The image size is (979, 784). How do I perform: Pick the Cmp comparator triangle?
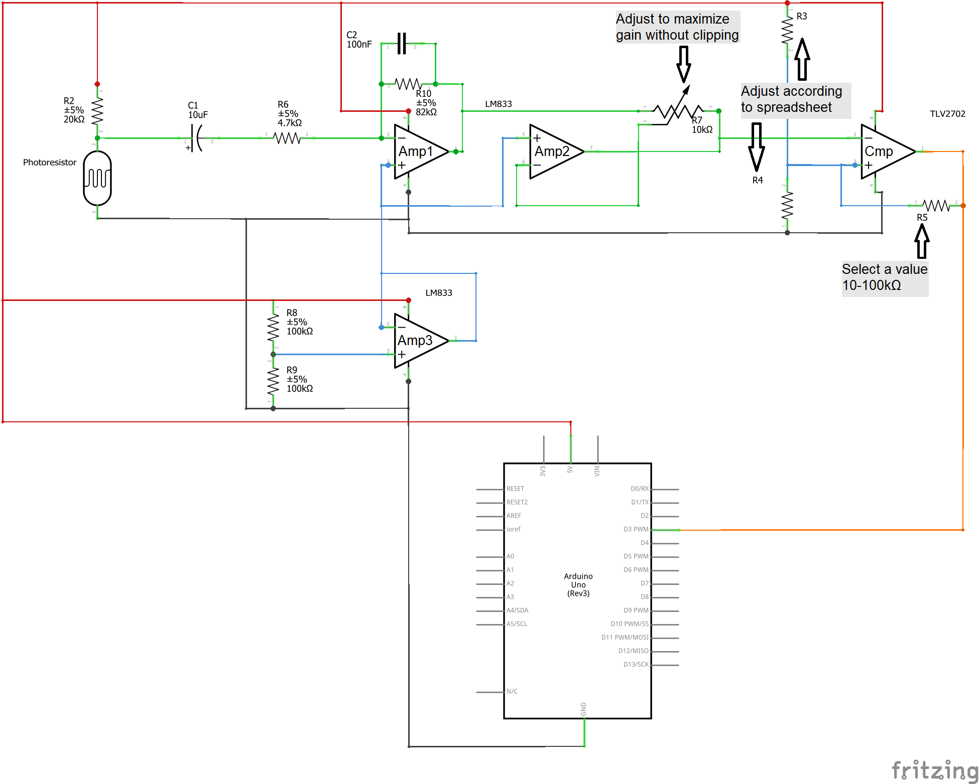[x=884, y=151]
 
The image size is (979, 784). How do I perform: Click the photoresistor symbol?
[x=97, y=178]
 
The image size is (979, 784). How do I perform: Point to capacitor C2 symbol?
[x=402, y=44]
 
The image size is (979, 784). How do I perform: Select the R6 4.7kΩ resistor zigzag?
[x=287, y=138]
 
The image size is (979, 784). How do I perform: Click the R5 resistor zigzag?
[x=936, y=205]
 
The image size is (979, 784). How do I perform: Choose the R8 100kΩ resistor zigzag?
[x=273, y=327]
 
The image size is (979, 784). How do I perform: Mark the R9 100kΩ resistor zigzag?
[x=273, y=382]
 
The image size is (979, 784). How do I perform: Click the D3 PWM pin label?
[x=636, y=529]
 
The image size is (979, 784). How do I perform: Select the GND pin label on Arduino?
[x=583, y=709]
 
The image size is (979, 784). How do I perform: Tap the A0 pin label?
[x=510, y=556]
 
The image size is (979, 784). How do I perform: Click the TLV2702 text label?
[x=947, y=114]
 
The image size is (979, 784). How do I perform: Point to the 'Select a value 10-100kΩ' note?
[x=884, y=277]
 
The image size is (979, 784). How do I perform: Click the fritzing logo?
[x=935, y=770]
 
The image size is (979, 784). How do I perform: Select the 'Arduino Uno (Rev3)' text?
[x=578, y=585]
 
